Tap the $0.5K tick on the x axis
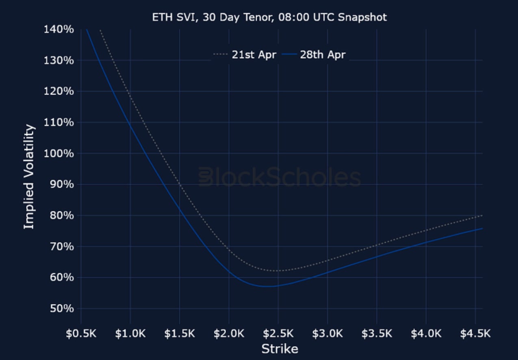pos(81,334)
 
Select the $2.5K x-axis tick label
pos(278,334)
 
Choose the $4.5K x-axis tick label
pos(475,334)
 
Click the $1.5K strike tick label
pos(180,334)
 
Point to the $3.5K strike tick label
pos(377,334)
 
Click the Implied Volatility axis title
pos(29,177)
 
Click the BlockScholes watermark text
pos(280,178)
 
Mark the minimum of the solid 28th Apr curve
pos(266,286)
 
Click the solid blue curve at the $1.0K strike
pos(130,125)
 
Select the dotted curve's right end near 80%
pos(482,215)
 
